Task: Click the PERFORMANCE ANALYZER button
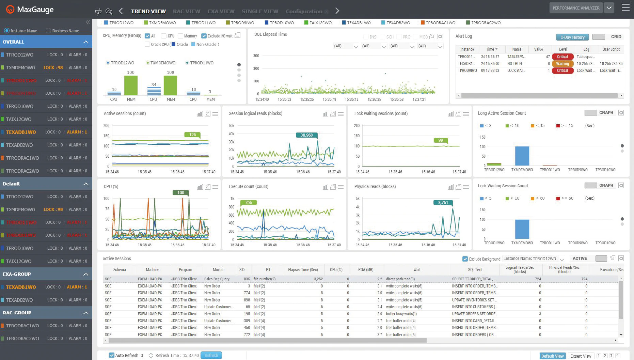click(576, 8)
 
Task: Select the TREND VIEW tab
click(148, 11)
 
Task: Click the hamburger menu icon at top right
click(625, 7)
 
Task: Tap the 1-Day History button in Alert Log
click(572, 37)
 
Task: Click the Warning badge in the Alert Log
click(562, 64)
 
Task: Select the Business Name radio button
click(48, 31)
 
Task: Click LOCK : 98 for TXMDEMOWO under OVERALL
click(53, 67)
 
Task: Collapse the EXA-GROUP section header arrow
click(85, 274)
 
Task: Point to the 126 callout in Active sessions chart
click(192, 135)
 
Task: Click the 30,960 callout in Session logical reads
click(306, 135)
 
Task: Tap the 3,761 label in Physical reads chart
click(443, 203)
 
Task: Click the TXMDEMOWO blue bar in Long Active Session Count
click(522, 156)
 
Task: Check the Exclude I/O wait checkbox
click(204, 36)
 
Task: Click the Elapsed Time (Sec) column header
click(303, 270)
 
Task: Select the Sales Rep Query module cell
click(217, 279)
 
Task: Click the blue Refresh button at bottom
click(211, 355)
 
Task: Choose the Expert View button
click(581, 356)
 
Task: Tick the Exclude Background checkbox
click(465, 259)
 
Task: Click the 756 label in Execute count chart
click(249, 203)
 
